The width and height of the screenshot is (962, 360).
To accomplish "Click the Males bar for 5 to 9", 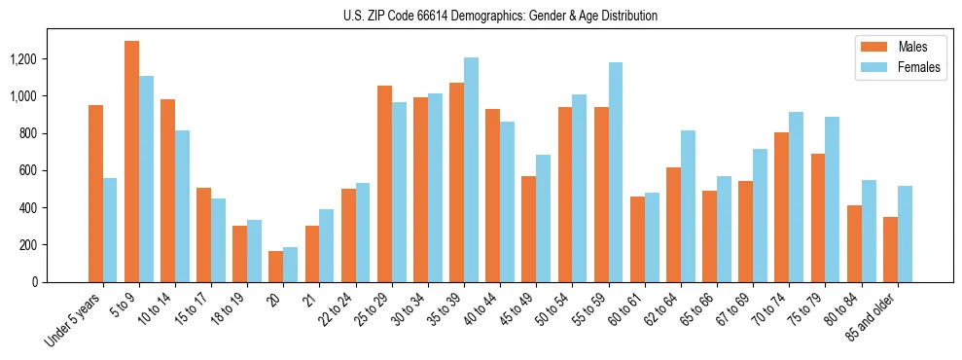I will (132, 162).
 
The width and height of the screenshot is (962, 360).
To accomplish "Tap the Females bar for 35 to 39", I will (471, 169).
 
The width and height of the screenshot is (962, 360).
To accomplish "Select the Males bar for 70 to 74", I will (782, 207).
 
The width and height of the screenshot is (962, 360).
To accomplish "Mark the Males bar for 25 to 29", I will (384, 184).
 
